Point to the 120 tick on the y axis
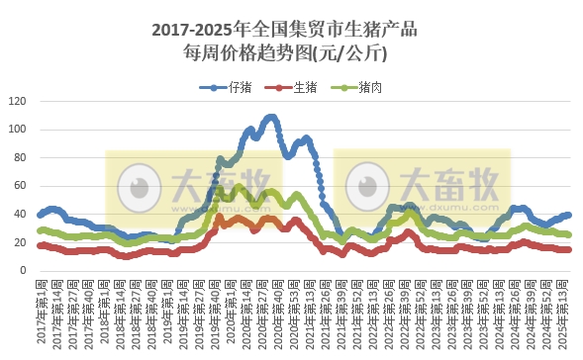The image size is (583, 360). point(19,101)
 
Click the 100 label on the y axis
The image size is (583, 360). point(19,130)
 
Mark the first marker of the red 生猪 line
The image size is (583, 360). point(40,245)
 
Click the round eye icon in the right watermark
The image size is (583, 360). point(368,186)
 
